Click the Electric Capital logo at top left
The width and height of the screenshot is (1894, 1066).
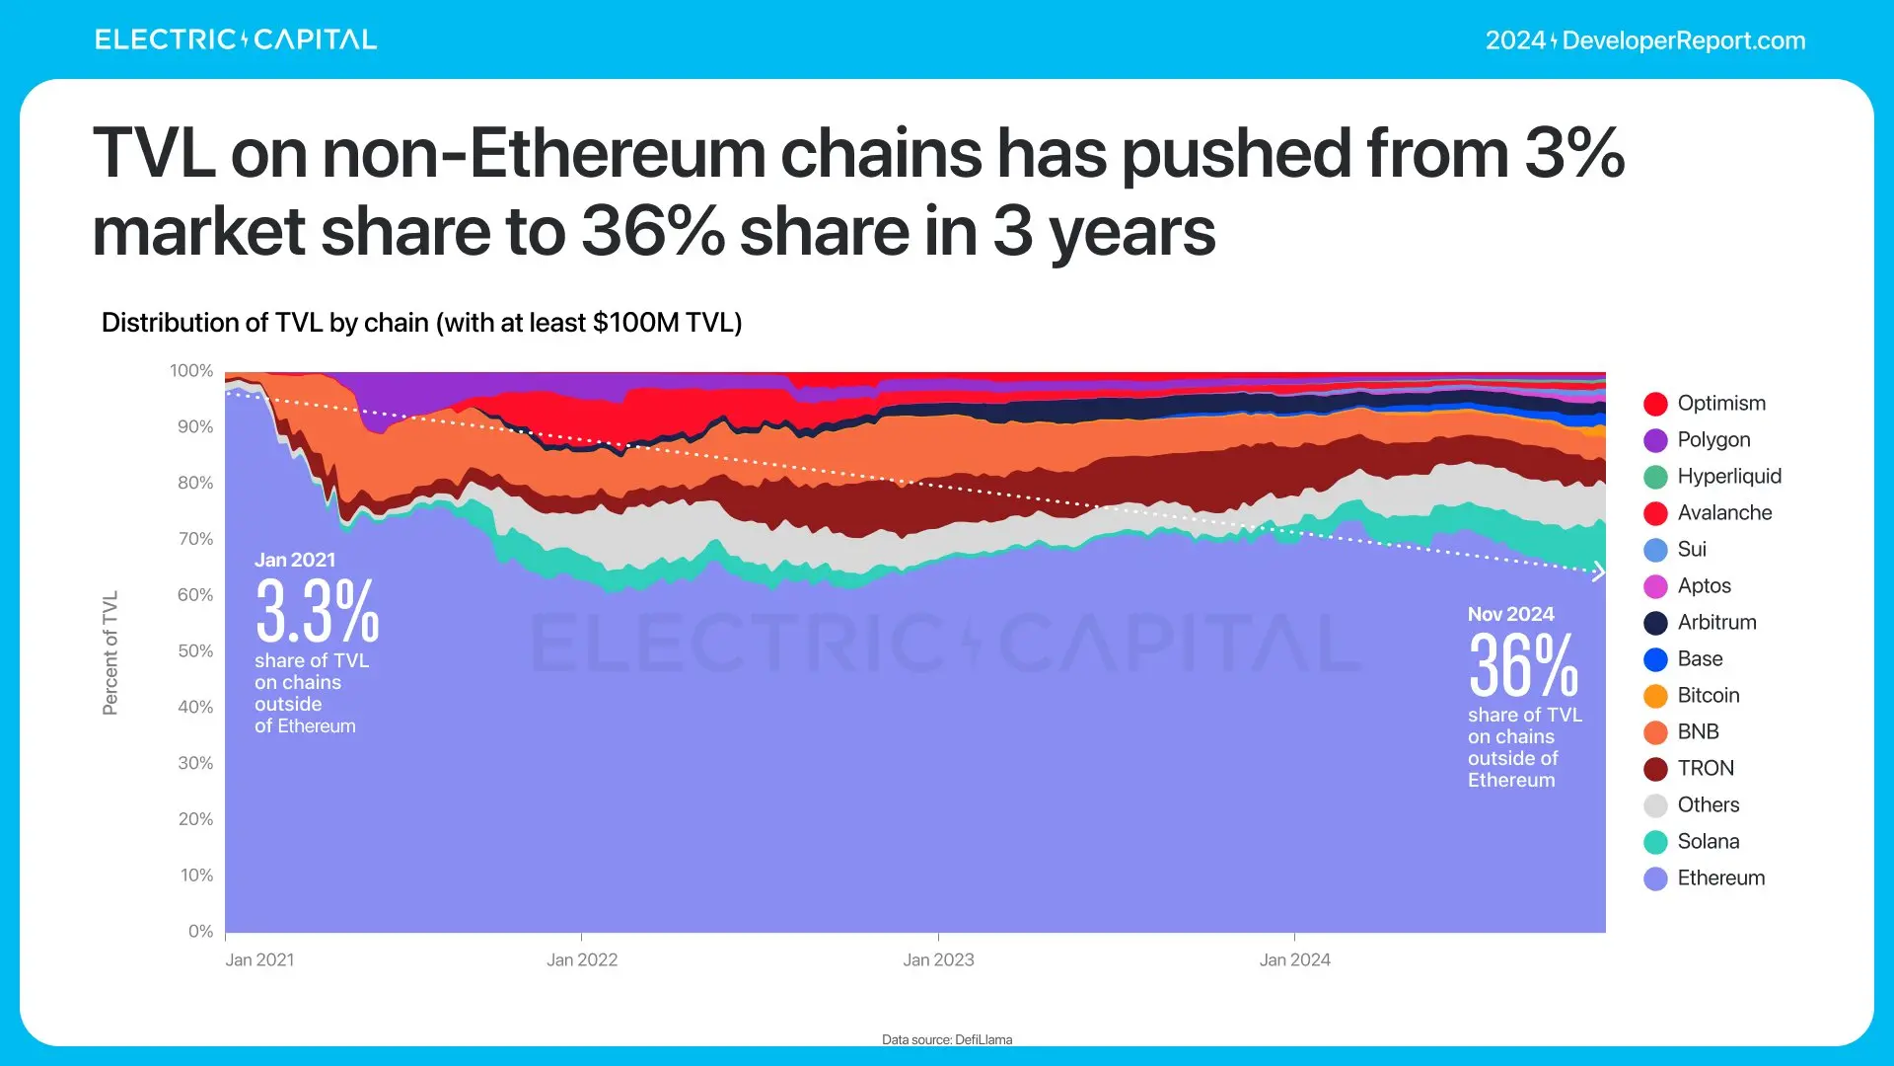tap(236, 39)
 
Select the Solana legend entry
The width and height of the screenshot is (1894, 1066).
tap(1708, 841)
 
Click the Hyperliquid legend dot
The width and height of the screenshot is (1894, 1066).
tap(1655, 477)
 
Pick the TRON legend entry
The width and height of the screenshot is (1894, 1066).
tap(1705, 768)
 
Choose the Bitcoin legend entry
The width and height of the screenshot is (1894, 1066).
tap(1708, 695)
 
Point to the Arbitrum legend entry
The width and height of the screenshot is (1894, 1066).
tap(1716, 622)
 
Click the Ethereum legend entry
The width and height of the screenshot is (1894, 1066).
tap(1720, 877)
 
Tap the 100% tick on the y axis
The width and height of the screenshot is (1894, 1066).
tap(191, 371)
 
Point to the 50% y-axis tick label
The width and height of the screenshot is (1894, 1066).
tap(195, 651)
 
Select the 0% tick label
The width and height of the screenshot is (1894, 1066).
tap(200, 931)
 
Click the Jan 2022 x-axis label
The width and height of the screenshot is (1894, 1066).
tap(582, 959)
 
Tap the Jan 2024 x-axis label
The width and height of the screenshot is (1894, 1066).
tap(1294, 959)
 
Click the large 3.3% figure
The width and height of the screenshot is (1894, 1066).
tap(317, 611)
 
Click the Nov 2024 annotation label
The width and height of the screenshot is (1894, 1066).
tap(1510, 614)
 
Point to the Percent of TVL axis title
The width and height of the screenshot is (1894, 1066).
tap(110, 652)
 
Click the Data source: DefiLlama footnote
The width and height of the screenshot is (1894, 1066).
tap(947, 1039)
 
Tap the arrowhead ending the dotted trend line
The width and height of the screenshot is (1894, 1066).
tap(1598, 571)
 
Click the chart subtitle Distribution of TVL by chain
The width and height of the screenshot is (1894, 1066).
tap(421, 323)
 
